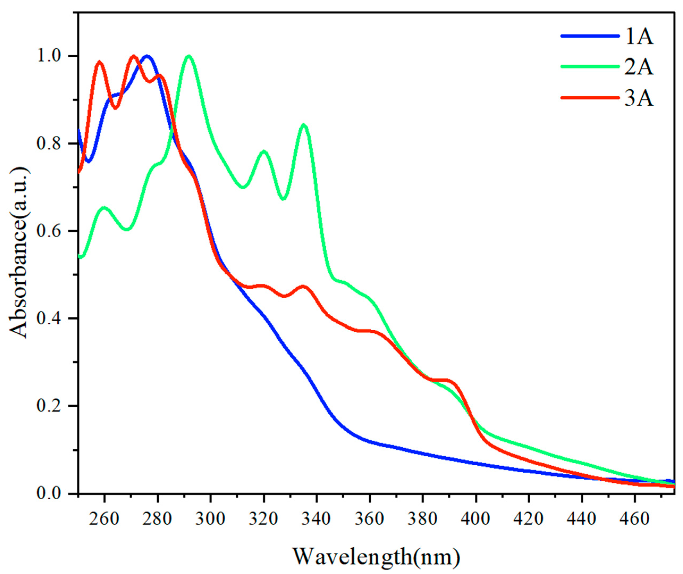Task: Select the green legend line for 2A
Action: (589, 67)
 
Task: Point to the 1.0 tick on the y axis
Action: (49, 56)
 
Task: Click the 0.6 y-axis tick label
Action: (49, 231)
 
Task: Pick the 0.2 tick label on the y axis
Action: (49, 406)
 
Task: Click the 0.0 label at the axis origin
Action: (49, 493)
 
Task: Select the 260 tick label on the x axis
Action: (104, 518)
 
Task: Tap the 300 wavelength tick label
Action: (210, 518)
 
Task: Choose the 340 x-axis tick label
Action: (316, 518)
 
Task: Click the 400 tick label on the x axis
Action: (476, 518)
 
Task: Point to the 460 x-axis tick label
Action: (634, 518)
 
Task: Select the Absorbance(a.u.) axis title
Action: (19, 253)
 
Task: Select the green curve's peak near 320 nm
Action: (264, 152)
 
